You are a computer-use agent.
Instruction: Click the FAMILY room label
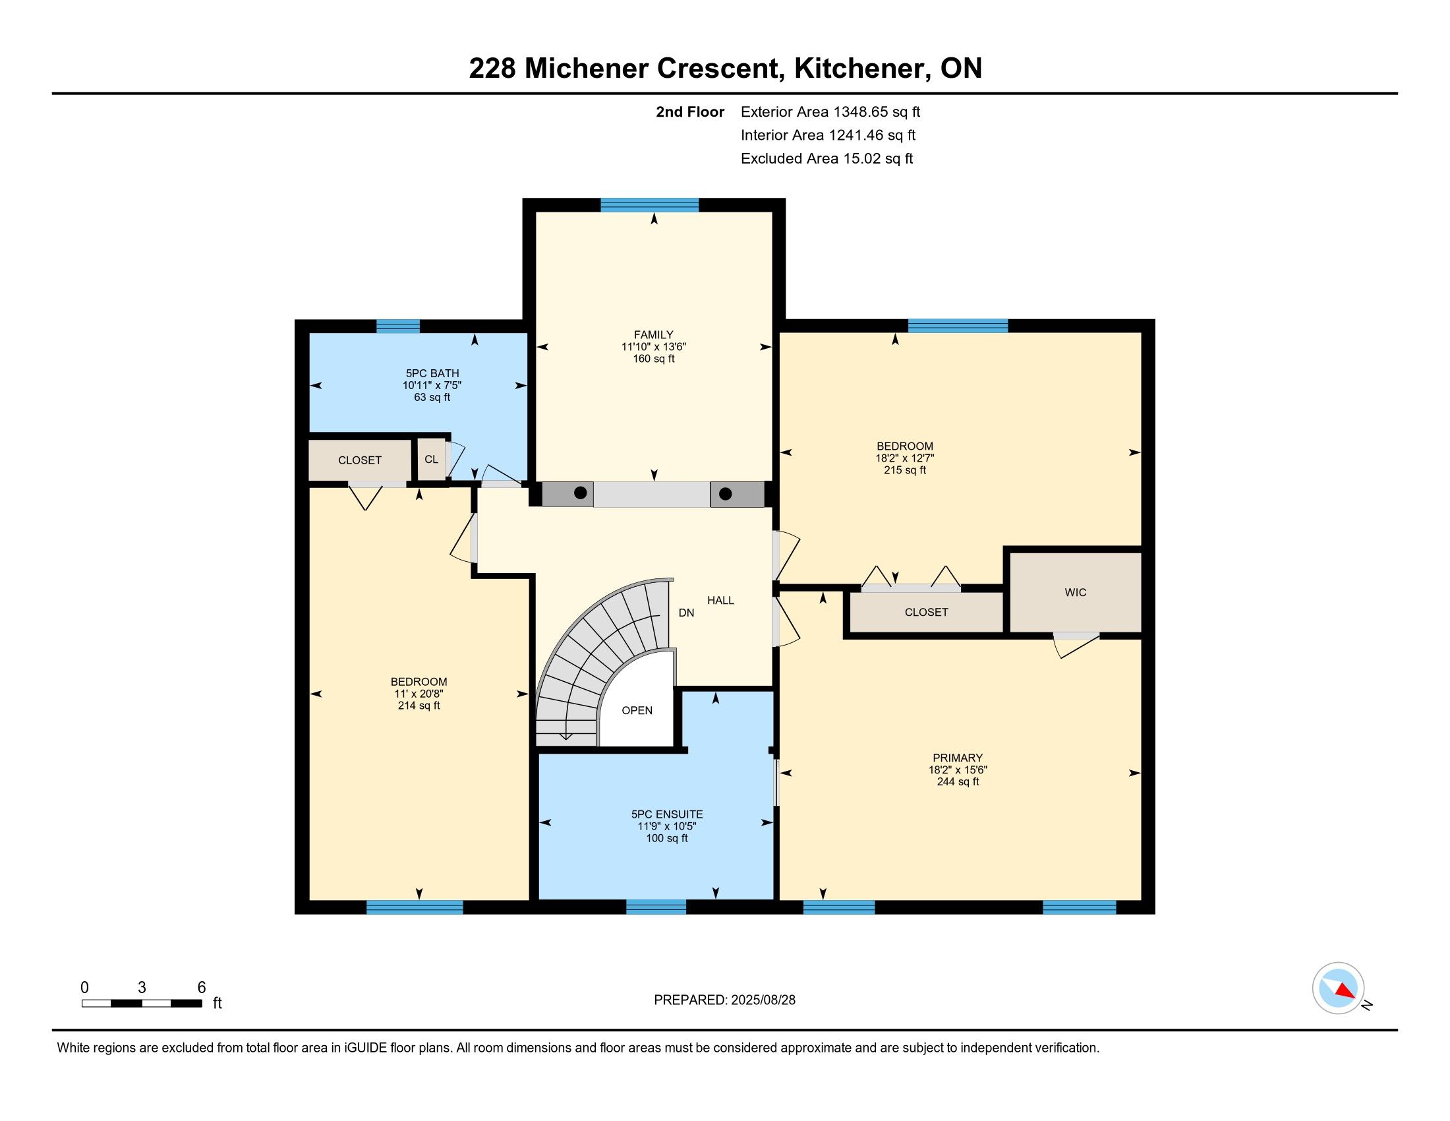click(x=653, y=335)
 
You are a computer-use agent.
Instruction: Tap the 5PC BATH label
click(x=432, y=373)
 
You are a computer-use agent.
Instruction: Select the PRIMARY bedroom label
click(x=957, y=758)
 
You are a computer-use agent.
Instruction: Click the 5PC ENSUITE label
click(x=666, y=814)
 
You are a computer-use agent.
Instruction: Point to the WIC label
click(x=1076, y=592)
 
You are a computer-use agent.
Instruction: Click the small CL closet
click(x=432, y=459)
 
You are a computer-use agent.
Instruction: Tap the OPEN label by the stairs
click(x=637, y=711)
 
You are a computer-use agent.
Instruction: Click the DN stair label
click(x=687, y=613)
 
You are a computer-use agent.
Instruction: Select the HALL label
click(x=720, y=600)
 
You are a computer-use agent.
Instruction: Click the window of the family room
click(x=649, y=204)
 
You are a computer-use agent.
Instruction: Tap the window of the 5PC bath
click(x=397, y=326)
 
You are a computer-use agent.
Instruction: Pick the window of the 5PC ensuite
click(x=656, y=907)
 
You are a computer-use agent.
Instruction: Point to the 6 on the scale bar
click(x=202, y=988)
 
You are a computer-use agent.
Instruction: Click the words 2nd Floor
click(x=690, y=111)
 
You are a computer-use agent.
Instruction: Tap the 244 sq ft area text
click(x=957, y=781)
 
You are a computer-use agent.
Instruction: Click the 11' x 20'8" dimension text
click(x=419, y=693)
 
